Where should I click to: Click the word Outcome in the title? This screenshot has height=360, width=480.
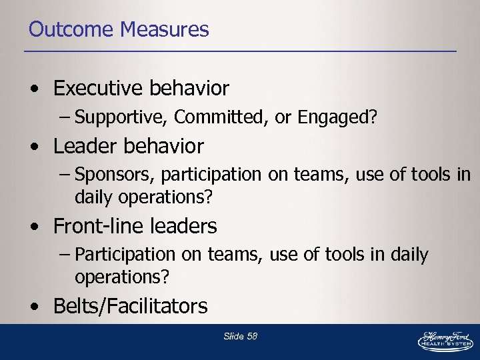pyautogui.click(x=71, y=29)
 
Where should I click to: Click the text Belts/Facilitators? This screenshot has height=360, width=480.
pyautogui.click(x=130, y=306)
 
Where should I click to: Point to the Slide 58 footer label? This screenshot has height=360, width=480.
pyautogui.click(x=240, y=336)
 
